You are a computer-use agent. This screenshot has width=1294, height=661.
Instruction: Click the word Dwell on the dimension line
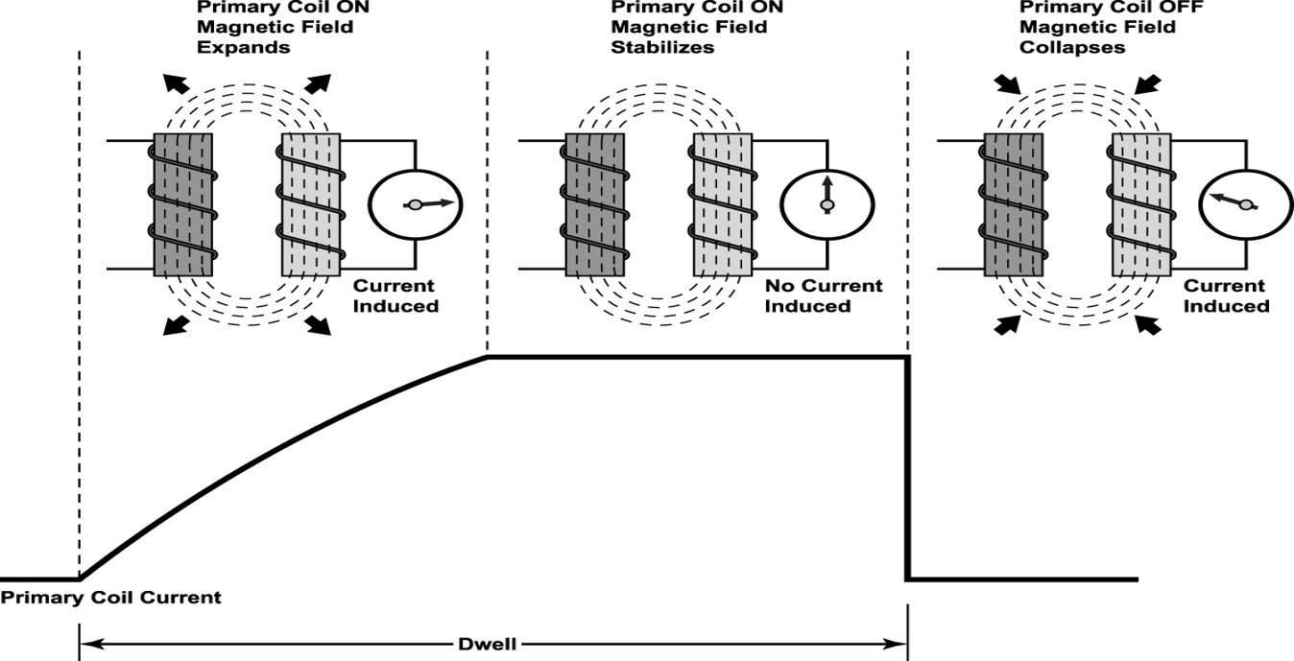point(492,645)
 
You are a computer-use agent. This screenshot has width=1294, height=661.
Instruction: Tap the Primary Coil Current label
point(110,598)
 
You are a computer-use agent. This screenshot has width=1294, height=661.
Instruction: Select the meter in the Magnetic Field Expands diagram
point(416,204)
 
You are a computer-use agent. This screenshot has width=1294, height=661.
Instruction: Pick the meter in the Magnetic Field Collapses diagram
point(1245,204)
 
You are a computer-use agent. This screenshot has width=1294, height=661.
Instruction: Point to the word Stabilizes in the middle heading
point(662,47)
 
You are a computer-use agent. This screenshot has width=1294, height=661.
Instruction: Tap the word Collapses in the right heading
point(1072,47)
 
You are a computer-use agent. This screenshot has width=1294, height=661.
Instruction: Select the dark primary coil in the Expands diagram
point(184,204)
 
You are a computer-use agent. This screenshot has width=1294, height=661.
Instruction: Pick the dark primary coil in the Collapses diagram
point(1014,204)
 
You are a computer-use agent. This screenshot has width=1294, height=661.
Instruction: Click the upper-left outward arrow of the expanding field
point(174,82)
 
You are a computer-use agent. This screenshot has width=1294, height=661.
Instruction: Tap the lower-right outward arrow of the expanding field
point(320,326)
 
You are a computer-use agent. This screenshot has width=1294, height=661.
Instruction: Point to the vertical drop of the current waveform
point(906,470)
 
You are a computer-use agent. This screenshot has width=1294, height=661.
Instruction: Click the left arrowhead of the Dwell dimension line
point(86,645)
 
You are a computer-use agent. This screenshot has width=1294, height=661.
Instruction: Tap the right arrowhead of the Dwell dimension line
point(899,645)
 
